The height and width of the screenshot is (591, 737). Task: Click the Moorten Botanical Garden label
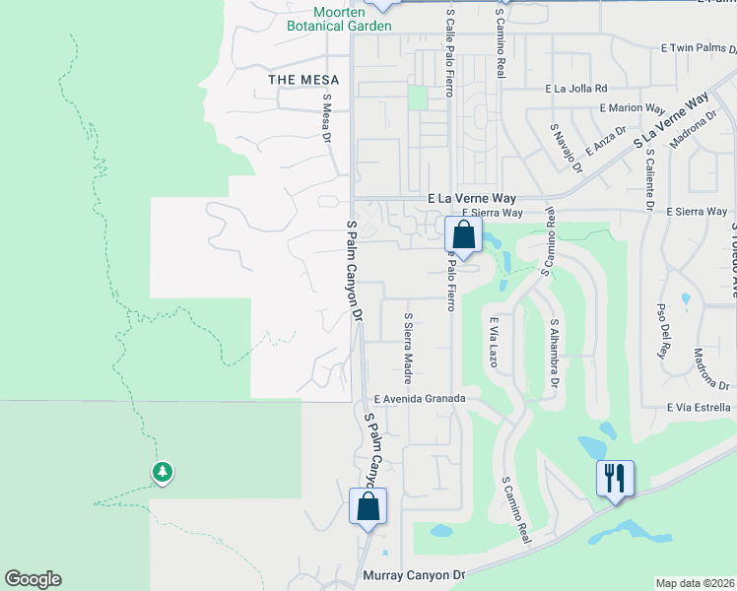(x=332, y=18)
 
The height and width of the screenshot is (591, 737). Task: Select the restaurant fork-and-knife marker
(x=616, y=480)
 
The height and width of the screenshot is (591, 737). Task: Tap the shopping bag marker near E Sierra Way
(x=464, y=236)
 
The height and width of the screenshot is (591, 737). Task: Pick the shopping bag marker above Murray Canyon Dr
(x=368, y=507)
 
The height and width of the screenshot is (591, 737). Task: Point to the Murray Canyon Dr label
(x=413, y=575)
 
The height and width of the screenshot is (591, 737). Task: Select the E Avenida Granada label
(x=427, y=399)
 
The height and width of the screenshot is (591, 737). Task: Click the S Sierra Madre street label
(x=407, y=349)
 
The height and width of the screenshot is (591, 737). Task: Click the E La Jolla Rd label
(x=576, y=88)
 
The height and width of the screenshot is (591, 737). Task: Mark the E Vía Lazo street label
(x=494, y=342)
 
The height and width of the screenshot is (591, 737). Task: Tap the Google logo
(x=33, y=579)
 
